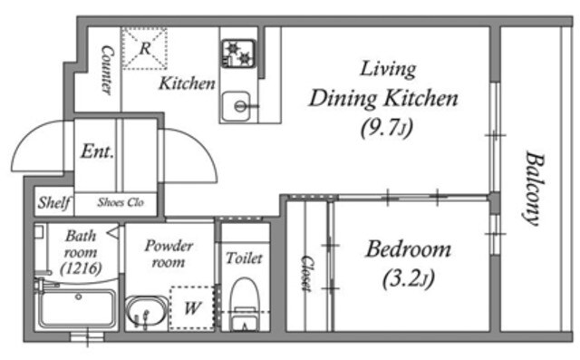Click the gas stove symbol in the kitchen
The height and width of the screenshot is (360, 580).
pos(238,54)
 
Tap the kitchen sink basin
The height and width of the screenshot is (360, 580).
pos(237,106)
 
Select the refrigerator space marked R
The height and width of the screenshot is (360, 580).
pos(145,48)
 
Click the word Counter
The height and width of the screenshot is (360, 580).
pos(107,70)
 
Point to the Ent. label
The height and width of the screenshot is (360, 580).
pos(97,151)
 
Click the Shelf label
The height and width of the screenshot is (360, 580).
pos(54,202)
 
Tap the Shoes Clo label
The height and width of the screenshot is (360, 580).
pos(121,202)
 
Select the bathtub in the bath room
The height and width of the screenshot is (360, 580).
pos(77,307)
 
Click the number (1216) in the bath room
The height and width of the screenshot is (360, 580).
pos(81,268)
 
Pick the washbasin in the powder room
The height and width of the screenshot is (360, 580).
pos(146,311)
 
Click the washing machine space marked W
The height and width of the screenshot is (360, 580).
pos(192,307)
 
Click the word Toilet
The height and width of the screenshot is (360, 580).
pos(244,258)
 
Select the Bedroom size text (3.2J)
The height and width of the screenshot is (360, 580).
pos(409,279)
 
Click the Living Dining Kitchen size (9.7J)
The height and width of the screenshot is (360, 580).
pos(387,128)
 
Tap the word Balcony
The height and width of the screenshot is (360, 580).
pos(535,188)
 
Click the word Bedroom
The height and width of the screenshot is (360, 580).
pos(409,249)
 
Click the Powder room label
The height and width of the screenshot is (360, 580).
pos(169,253)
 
